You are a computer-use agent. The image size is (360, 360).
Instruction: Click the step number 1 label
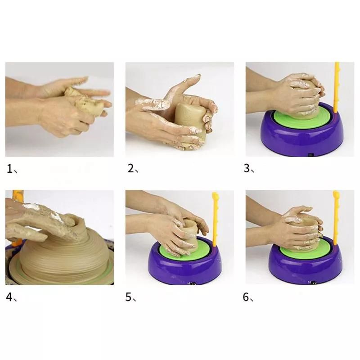10,169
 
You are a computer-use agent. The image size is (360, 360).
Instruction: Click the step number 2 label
131,169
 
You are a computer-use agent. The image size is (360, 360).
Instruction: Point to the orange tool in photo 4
17,198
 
